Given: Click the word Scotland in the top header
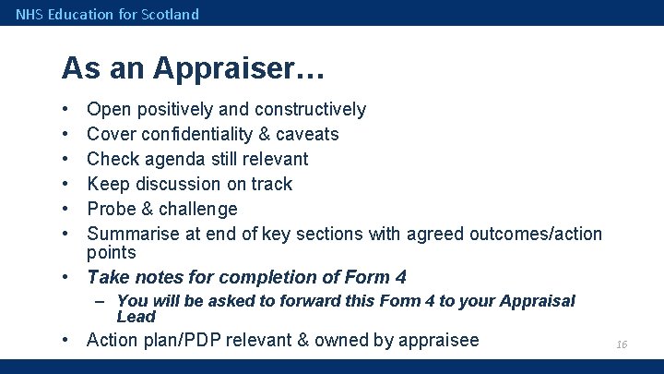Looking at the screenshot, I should pos(170,14).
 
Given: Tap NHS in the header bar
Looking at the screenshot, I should pos(29,14).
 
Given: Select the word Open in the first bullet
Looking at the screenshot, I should pos(109,110).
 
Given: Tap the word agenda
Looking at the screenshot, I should pos(172,159).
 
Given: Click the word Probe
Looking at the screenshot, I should pos(112,209).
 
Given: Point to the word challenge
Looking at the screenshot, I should pos(197,209).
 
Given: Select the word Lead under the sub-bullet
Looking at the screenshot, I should pos(136,316).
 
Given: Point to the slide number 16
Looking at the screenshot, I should pos(622,344).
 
